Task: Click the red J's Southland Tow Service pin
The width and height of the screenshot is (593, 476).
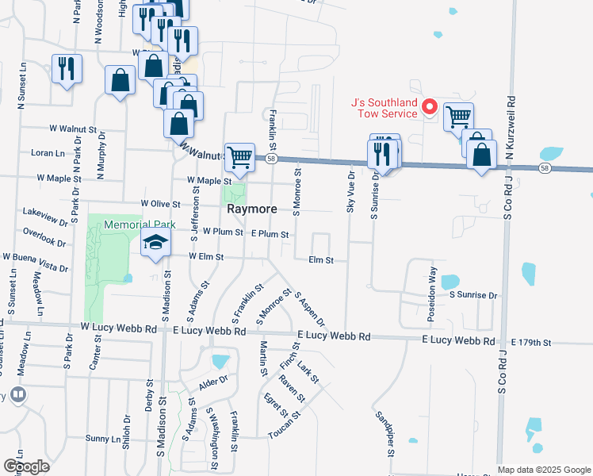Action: (430, 106)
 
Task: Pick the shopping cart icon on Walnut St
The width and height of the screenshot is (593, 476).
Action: (239, 156)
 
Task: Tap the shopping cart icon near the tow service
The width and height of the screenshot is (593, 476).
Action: (458, 117)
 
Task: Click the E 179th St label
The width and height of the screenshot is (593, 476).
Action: (530, 342)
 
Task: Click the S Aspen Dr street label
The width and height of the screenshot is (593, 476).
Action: (309, 309)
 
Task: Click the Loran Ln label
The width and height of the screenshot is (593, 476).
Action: (48, 152)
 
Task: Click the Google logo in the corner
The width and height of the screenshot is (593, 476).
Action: (25, 466)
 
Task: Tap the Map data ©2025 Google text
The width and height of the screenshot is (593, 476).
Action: (544, 470)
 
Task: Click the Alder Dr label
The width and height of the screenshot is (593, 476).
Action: (213, 381)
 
